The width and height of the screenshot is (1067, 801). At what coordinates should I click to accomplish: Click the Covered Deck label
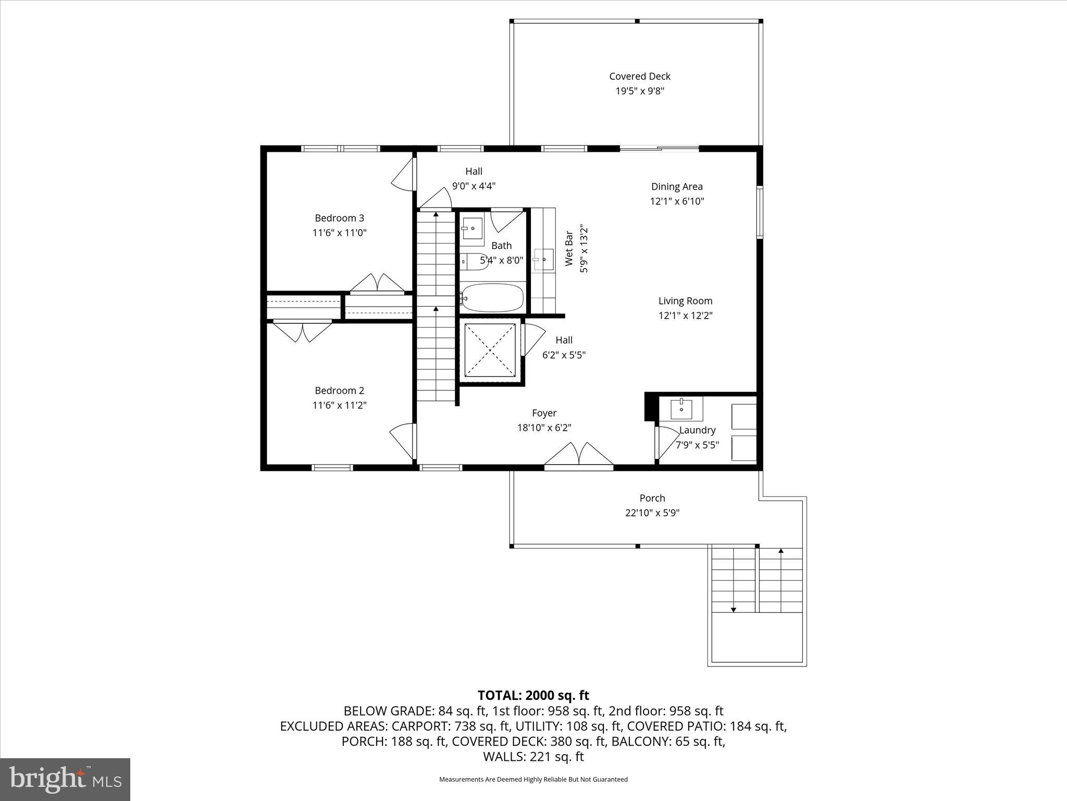pos(639,76)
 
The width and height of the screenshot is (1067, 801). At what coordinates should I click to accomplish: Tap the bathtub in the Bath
pos(492,298)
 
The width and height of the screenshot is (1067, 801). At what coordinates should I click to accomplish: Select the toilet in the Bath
pos(475,261)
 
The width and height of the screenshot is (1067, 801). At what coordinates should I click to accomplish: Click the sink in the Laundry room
pos(681,408)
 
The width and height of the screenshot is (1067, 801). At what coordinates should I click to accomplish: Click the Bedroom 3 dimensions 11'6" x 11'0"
pos(339,233)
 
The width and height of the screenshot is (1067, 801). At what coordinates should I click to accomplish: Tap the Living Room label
pos(685,301)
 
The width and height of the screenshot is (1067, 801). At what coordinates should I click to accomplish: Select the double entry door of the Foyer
pos(578,454)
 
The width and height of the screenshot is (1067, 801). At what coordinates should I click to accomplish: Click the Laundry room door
pos(663,443)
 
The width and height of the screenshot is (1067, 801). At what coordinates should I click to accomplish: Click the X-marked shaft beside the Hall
pos(490,350)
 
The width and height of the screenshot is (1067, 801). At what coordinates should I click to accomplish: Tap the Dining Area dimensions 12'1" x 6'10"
pos(677,201)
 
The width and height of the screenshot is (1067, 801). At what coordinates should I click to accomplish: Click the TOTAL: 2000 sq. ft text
pos(533,695)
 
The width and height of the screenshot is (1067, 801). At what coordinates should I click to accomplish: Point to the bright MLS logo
pos(65,780)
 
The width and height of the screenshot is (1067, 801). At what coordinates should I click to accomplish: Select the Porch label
pos(652,498)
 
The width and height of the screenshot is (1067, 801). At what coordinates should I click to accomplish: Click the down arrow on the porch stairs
pos(733,609)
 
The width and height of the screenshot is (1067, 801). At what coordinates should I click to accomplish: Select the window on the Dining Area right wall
pos(760,212)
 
